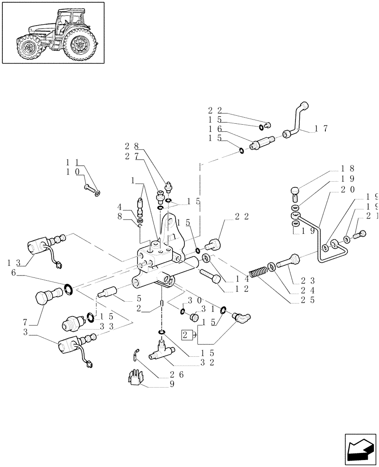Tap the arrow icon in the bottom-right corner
pyautogui.click(x=361, y=450)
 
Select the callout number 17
pyautogui.click(x=323, y=128)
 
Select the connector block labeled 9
pyautogui.click(x=135, y=379)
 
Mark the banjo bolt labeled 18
pyautogui.click(x=295, y=192)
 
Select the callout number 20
pyautogui.click(x=348, y=189)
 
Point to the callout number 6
pyautogui.click(x=14, y=276)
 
